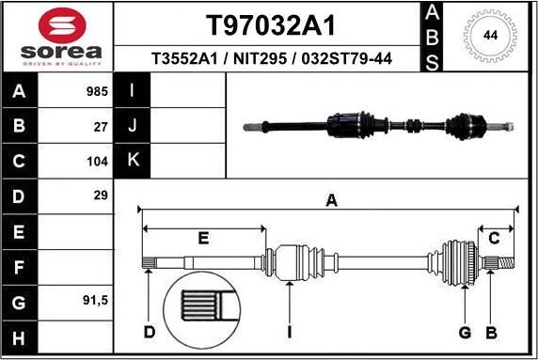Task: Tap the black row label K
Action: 133,160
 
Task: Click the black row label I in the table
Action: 133,92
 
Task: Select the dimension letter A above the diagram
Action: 330,198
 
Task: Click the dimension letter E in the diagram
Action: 202,239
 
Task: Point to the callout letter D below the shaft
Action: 149,331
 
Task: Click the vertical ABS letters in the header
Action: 431,37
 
